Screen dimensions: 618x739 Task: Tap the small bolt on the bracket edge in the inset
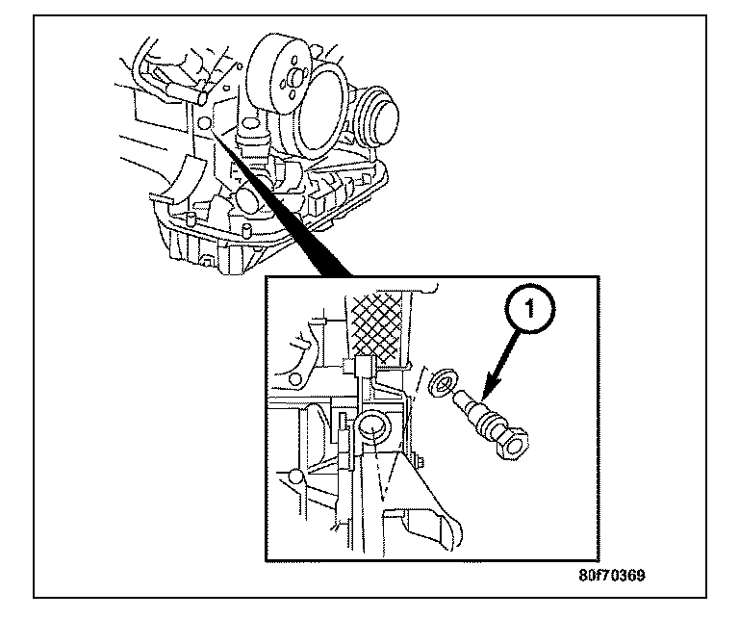pyautogui.click(x=420, y=463)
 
